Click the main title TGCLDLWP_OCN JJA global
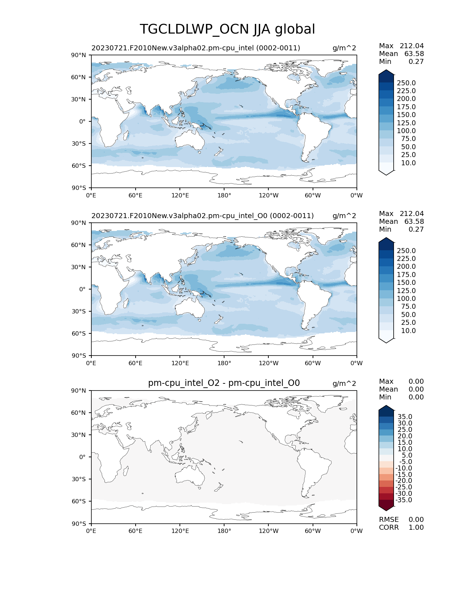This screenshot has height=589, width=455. (x=227, y=29)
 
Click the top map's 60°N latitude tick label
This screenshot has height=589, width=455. (x=79, y=77)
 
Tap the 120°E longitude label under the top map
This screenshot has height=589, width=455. (x=180, y=195)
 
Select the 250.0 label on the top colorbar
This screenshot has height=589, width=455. (x=406, y=83)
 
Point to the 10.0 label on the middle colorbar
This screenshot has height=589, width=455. (x=408, y=331)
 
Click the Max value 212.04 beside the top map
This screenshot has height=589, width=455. (x=411, y=46)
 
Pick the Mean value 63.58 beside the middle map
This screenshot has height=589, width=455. (x=414, y=222)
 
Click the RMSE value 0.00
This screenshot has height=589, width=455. (x=416, y=520)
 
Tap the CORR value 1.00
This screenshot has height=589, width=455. (x=416, y=528)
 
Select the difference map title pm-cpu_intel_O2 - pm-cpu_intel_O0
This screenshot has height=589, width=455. (x=224, y=383)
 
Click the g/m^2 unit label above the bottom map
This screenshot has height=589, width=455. (x=344, y=383)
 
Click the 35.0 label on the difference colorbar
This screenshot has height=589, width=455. (x=405, y=417)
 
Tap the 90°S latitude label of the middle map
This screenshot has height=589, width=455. (x=79, y=356)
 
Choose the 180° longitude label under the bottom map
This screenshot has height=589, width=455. (x=224, y=531)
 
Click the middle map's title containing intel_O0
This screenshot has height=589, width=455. (x=202, y=216)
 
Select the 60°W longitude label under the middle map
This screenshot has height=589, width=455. (x=313, y=363)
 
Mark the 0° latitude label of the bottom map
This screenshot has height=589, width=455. (x=82, y=457)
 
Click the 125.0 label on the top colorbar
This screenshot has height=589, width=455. (x=406, y=123)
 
